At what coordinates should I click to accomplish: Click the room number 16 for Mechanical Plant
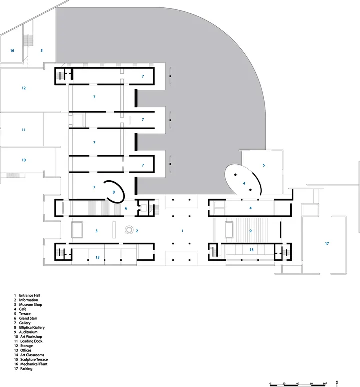point(12,51)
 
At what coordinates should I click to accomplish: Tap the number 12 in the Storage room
point(24,88)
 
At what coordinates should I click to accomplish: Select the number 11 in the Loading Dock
point(24,130)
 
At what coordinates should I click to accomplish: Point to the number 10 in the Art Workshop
point(24,160)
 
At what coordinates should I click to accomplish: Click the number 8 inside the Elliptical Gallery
point(113,192)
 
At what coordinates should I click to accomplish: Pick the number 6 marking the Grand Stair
point(126,208)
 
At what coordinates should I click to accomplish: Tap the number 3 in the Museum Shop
point(96,231)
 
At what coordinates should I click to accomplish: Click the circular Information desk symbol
point(129,230)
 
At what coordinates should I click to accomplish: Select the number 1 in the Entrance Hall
point(182,231)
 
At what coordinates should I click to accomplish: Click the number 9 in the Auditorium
point(250,231)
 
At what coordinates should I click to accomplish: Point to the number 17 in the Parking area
point(327,244)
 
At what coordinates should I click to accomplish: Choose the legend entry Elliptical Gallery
point(32,328)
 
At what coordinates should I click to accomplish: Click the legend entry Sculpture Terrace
point(34,360)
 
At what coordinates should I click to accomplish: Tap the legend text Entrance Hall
point(30,295)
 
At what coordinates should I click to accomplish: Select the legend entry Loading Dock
point(31,341)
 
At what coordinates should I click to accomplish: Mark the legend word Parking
point(26,369)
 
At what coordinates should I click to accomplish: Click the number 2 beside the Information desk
point(137,231)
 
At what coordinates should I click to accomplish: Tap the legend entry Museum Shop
point(31,305)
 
